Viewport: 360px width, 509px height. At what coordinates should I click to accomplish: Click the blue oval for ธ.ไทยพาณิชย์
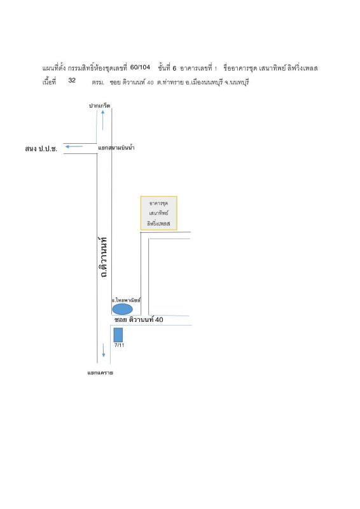click(x=122, y=309)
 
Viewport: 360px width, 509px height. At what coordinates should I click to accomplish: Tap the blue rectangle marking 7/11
click(x=118, y=335)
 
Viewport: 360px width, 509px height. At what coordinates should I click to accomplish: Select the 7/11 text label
click(x=119, y=345)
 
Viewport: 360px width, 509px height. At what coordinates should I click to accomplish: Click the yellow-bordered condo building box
click(x=159, y=213)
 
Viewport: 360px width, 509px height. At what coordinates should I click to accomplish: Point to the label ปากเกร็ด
click(x=99, y=106)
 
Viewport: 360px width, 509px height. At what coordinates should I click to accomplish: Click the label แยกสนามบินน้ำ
click(x=116, y=148)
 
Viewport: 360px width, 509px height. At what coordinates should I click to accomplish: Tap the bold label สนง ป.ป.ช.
click(x=41, y=149)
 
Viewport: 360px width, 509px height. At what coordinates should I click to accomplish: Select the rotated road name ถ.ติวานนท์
click(x=103, y=257)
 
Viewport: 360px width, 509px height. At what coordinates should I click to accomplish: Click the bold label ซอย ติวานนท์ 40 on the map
click(x=139, y=320)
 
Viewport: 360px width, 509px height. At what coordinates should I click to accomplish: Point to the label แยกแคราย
click(x=100, y=373)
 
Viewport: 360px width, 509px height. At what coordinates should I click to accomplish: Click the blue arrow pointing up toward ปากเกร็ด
click(x=102, y=120)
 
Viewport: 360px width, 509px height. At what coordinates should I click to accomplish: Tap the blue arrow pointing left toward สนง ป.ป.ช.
click(x=74, y=146)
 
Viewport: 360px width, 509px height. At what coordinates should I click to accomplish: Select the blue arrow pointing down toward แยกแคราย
click(x=104, y=350)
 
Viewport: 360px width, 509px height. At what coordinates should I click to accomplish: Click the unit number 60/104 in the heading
click(x=140, y=67)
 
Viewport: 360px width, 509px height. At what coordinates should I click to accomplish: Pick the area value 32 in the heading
click(x=72, y=80)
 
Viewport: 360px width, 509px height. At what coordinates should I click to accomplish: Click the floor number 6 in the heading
click(x=174, y=68)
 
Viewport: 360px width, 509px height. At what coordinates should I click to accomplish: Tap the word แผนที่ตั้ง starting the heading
click(x=54, y=68)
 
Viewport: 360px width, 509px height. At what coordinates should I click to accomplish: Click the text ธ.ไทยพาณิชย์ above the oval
click(x=127, y=300)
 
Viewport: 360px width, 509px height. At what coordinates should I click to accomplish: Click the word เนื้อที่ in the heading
click(x=49, y=81)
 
